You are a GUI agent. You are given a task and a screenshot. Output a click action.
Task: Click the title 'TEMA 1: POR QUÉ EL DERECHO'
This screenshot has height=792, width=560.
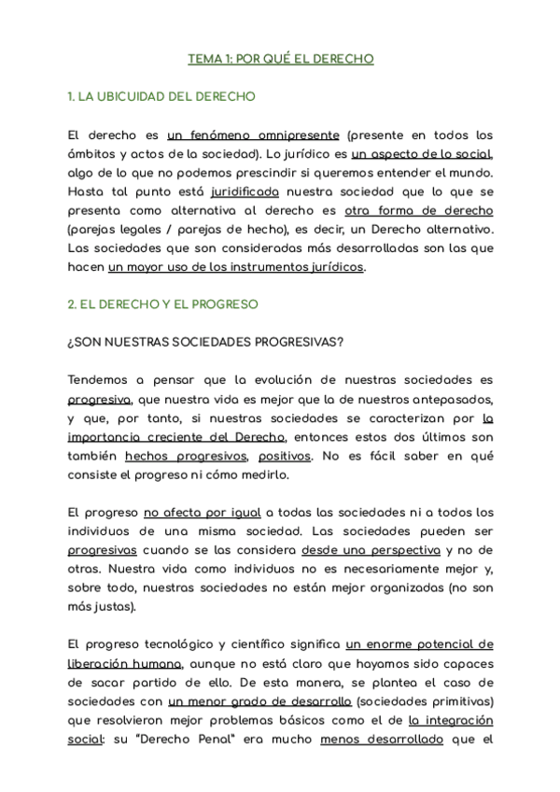(280, 59)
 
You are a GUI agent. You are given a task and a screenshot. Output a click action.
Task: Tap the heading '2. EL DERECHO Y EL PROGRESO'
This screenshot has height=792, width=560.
(163, 304)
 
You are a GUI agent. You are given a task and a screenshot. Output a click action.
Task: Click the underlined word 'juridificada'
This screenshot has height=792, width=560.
(245, 192)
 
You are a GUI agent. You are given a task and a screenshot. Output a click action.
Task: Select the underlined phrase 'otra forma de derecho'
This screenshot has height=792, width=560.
(418, 211)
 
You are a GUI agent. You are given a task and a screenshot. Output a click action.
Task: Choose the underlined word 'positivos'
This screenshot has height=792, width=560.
(281, 456)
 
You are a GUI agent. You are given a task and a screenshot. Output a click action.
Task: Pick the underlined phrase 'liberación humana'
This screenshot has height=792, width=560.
(124, 664)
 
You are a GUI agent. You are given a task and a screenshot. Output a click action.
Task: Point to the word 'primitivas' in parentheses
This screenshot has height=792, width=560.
(452, 701)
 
